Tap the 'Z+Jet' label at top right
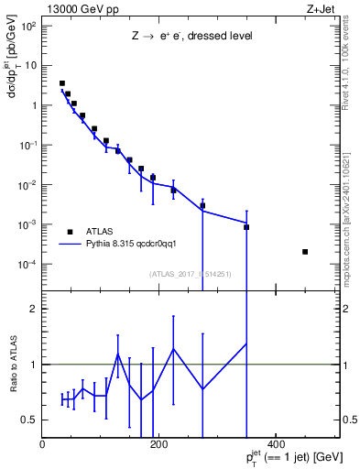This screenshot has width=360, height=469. (332, 8)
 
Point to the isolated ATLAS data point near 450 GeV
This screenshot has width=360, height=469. (305, 252)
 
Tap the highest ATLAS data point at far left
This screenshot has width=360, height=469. (62, 83)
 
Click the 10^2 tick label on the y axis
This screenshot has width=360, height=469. (29, 26)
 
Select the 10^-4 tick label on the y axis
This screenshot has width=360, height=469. (28, 265)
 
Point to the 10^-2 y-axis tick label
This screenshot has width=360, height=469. (28, 185)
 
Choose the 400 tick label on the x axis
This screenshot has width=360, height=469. (276, 445)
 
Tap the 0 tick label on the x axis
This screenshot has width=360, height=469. (43, 445)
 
